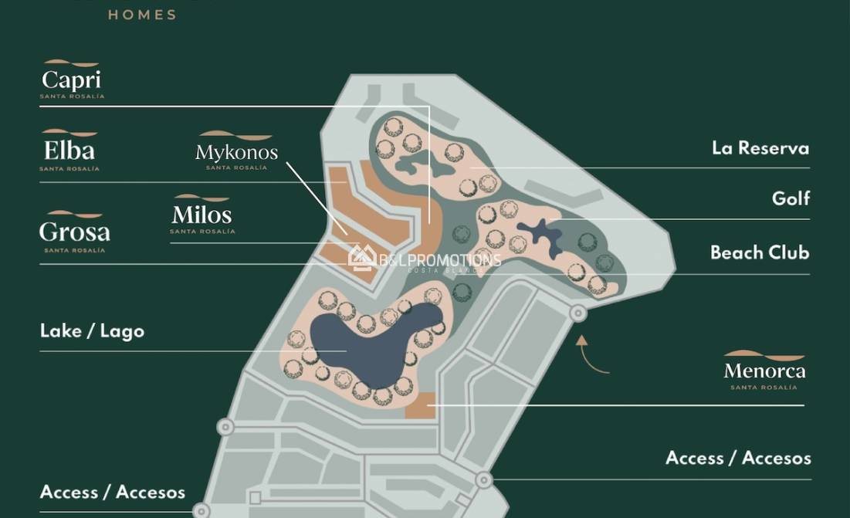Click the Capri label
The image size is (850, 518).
coord(72,80)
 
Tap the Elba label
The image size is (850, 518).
coord(69,150)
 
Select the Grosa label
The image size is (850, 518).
coord(74,232)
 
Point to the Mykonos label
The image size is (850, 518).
coord(236,152)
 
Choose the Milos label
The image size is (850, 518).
coord(201,214)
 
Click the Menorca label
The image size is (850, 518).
coord(764,371)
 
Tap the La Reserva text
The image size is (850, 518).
coord(760,148)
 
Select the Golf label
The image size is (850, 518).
coord(791,198)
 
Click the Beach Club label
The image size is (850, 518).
coord(759,252)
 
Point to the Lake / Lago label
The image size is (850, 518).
coord(92,331)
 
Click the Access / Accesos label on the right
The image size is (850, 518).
coord(738,458)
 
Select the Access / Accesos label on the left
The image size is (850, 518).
coord(113,493)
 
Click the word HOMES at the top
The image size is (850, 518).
coord(142,15)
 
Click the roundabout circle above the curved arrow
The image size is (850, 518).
coord(577,313)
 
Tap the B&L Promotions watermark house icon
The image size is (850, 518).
coord(361,259)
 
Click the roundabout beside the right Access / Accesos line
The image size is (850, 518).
coord(483,480)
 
